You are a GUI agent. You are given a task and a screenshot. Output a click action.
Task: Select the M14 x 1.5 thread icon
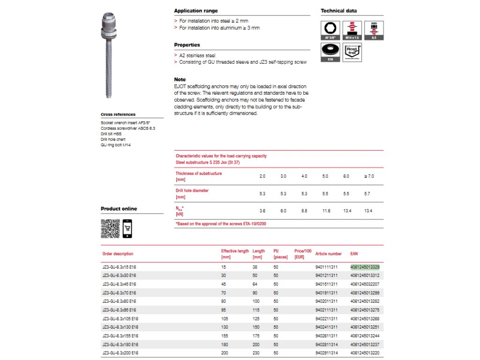[352, 30]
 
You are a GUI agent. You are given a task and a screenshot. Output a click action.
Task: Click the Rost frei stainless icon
[352, 52]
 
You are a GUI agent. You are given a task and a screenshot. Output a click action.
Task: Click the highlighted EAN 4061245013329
[365, 267]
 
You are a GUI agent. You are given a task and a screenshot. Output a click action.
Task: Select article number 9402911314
[326, 352]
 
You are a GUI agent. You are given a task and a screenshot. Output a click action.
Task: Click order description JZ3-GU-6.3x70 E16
[119, 292]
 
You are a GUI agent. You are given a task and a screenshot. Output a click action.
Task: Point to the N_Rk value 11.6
[326, 211]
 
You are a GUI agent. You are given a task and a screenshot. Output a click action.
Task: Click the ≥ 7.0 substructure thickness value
[369, 176]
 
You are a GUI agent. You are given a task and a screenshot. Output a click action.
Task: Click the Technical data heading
[340, 11]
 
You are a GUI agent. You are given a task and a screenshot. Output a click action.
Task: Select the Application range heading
[196, 11]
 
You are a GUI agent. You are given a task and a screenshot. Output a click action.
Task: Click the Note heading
[180, 80]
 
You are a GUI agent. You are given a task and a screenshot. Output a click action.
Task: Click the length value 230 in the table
[256, 352]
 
